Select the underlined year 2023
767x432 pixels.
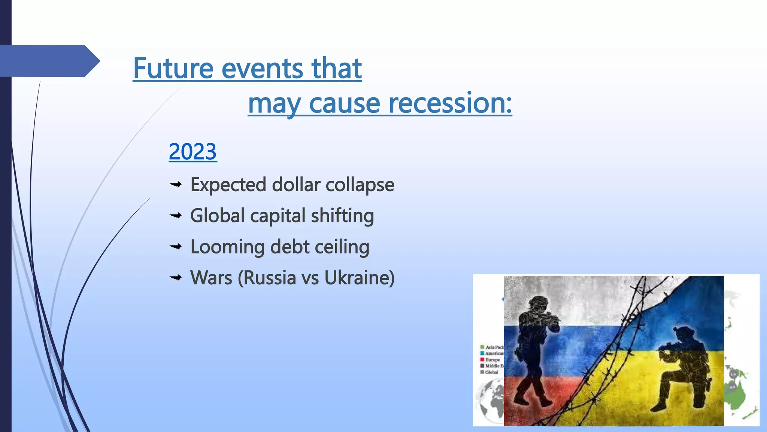pos(192,151)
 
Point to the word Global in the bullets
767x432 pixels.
pos(217,216)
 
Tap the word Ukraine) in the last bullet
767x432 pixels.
pos(359,278)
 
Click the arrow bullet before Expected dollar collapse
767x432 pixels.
pos(175,184)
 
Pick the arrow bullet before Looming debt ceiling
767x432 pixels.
pos(175,247)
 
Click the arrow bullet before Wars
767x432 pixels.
pos(175,278)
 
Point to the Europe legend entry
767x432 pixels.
pos(492,360)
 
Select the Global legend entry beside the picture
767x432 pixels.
pos(491,372)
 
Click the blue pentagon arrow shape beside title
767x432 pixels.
pos(49,61)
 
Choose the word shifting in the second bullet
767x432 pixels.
pos(342,216)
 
